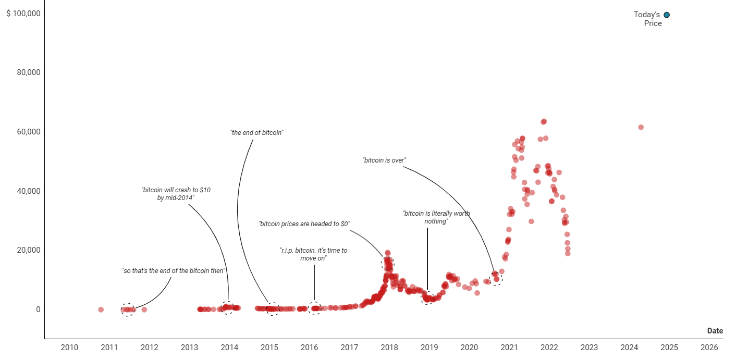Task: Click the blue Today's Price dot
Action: pyautogui.click(x=667, y=15)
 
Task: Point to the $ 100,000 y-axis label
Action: pyautogui.click(x=23, y=13)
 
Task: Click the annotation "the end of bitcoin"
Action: pyautogui.click(x=256, y=133)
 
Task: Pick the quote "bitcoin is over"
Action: pyautogui.click(x=384, y=160)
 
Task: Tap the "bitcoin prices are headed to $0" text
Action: pyautogui.click(x=304, y=224)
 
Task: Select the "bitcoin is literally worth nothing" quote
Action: pyautogui.click(x=436, y=217)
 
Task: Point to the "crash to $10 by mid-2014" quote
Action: pyautogui.click(x=176, y=194)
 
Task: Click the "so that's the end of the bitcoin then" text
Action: pyautogui.click(x=173, y=271)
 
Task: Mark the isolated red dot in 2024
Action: pyautogui.click(x=641, y=127)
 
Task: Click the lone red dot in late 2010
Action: pyautogui.click(x=101, y=309)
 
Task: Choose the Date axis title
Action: pyautogui.click(x=715, y=331)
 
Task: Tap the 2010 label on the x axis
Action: pyautogui.click(x=69, y=347)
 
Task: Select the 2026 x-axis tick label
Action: pyautogui.click(x=709, y=347)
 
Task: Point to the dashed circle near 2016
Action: pyautogui.click(x=314, y=308)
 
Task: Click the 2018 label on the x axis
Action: pyautogui.click(x=389, y=347)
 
